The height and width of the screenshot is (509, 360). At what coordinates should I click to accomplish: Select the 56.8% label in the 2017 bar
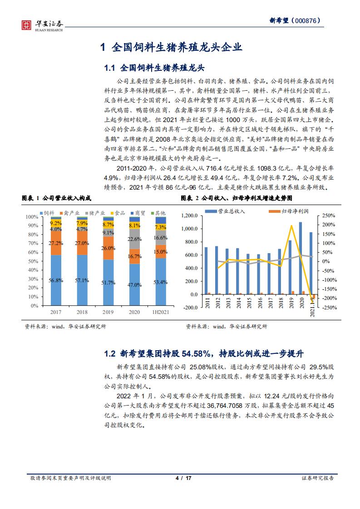[x=56, y=280]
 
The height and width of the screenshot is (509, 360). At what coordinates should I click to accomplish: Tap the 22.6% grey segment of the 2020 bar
[x=134, y=239]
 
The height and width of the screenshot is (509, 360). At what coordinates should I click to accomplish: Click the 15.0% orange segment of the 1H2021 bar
[x=160, y=252]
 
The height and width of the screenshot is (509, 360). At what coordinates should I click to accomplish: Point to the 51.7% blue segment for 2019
[x=108, y=283]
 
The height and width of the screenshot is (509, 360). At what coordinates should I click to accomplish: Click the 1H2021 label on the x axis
[x=160, y=313]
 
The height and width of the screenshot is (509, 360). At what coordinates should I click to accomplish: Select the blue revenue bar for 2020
[x=300, y=258]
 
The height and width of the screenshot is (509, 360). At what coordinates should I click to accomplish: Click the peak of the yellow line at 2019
[x=291, y=225]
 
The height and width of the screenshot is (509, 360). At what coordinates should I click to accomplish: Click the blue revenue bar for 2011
[x=206, y=271]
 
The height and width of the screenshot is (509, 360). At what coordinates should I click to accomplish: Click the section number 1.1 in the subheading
[x=110, y=68]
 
